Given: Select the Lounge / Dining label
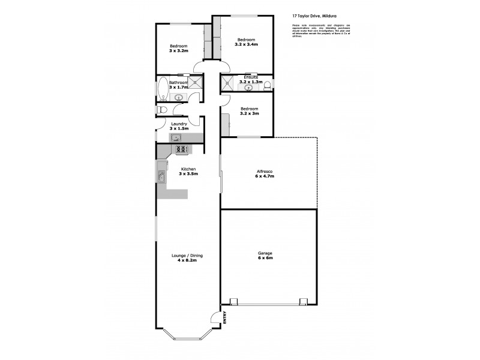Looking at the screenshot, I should pyautogui.click(x=184, y=256).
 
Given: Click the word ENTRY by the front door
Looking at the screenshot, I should pyautogui.click(x=226, y=317).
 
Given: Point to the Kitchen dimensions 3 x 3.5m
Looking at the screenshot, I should pyautogui.click(x=188, y=174).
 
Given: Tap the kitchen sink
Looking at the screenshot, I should pyautogui.click(x=161, y=176).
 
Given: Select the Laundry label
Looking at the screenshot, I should pyautogui.click(x=179, y=124).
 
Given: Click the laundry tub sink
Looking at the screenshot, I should pyautogui.click(x=178, y=137).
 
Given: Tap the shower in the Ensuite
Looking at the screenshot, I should pyautogui.click(x=228, y=83).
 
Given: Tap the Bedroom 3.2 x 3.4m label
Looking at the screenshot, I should pyautogui.click(x=246, y=42).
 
